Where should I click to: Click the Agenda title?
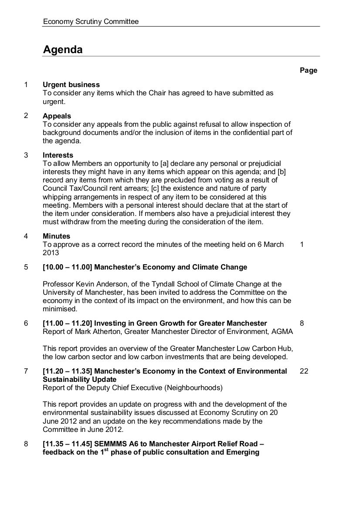click(63, 50)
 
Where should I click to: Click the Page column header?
click(308, 71)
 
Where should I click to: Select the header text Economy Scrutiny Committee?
click(91, 21)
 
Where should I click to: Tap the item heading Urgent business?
click(71, 84)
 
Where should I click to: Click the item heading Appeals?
click(57, 116)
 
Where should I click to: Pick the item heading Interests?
click(58, 155)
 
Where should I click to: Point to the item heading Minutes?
click(56, 236)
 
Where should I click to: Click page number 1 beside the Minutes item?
click(302, 244)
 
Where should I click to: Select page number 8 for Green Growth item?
click(302, 323)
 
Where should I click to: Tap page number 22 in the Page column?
click(304, 371)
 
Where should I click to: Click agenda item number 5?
click(26, 267)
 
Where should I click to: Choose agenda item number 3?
click(26, 155)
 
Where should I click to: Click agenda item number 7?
click(26, 371)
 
